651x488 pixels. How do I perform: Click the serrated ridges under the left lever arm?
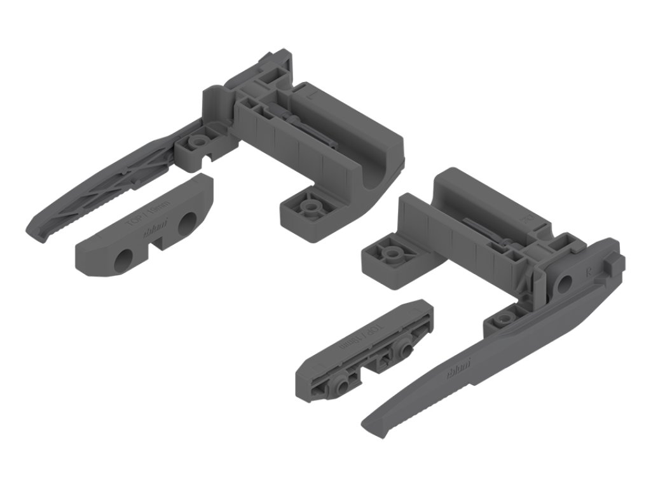(x=89, y=203)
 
